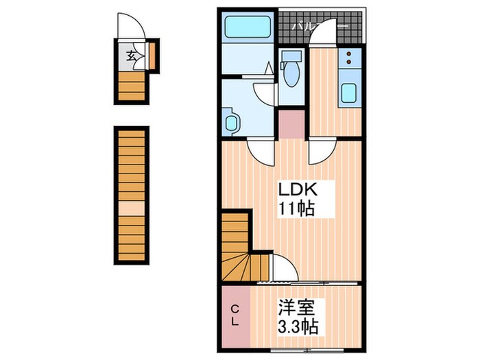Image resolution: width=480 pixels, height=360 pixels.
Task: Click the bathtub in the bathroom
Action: pyautogui.click(x=248, y=27)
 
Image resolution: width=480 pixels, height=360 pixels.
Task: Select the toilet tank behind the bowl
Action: pyautogui.click(x=291, y=56)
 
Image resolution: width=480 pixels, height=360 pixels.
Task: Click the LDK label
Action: pyautogui.click(x=296, y=189)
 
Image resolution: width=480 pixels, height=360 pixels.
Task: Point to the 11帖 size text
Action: pyautogui.click(x=296, y=208)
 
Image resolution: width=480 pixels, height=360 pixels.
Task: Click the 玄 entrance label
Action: pyautogui.click(x=129, y=57)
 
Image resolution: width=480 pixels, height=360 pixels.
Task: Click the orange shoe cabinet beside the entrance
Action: pyautogui.click(x=153, y=56)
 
